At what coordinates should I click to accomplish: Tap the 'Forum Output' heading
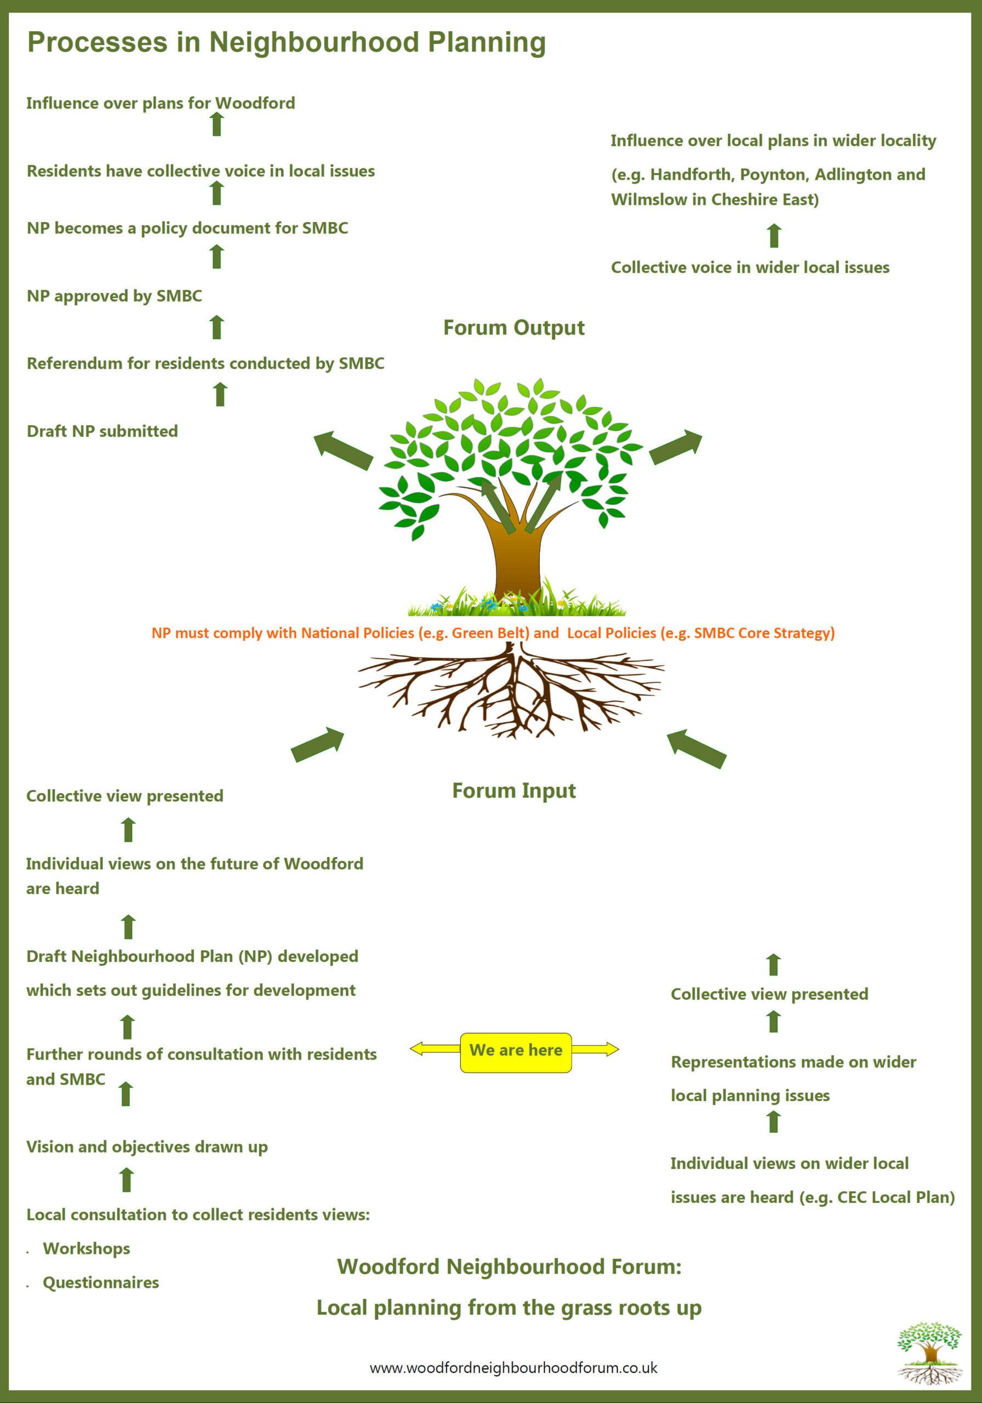(x=514, y=328)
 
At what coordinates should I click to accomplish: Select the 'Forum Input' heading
(x=514, y=791)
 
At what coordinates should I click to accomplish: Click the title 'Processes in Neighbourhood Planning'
(x=287, y=43)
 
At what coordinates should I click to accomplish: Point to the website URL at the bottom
(x=513, y=1367)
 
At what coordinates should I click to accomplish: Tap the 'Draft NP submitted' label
(x=102, y=431)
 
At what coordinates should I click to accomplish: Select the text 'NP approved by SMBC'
(x=115, y=296)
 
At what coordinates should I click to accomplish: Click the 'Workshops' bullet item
(x=86, y=1248)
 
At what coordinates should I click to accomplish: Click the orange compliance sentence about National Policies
(x=493, y=633)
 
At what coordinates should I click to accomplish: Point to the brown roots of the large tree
(x=511, y=691)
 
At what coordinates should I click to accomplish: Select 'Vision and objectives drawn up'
(x=147, y=1147)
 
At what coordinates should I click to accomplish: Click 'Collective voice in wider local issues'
(x=750, y=267)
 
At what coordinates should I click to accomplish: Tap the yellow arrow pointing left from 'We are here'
(x=435, y=1049)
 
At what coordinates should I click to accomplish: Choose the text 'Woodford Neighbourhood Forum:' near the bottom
(x=509, y=1267)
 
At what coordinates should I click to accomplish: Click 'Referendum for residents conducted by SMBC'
(x=205, y=363)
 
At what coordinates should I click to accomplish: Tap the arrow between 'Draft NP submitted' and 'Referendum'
(x=220, y=394)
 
